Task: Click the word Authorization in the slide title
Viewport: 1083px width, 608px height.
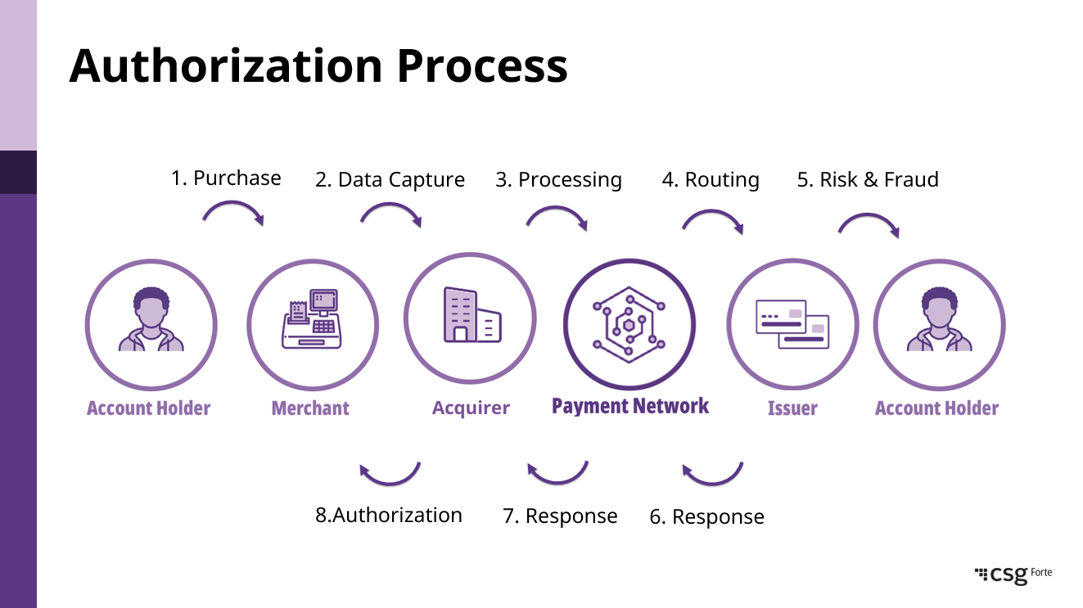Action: pos(225,65)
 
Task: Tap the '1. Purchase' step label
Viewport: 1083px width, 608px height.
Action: pos(226,178)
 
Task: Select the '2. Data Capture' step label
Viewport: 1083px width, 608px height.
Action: pos(390,180)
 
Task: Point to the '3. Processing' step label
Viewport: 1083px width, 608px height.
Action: pos(558,180)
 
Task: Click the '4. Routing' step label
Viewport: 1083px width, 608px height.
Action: pos(711,180)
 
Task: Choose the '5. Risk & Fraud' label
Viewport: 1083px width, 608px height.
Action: pos(868,180)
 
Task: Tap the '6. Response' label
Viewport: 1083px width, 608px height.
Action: pos(706,517)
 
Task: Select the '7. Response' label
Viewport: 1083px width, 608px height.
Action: pos(560,516)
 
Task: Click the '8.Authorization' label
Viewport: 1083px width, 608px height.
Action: pos(389,516)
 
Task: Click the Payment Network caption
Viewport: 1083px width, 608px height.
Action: pos(630,407)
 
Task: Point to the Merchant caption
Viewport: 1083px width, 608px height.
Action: pos(310,408)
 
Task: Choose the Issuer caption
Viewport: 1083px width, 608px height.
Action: pos(792,408)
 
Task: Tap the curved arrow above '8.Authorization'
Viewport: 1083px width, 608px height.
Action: pos(390,473)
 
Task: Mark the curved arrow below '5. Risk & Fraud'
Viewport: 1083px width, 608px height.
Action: pos(869,223)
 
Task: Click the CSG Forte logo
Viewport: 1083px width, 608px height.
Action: pos(1013,574)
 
